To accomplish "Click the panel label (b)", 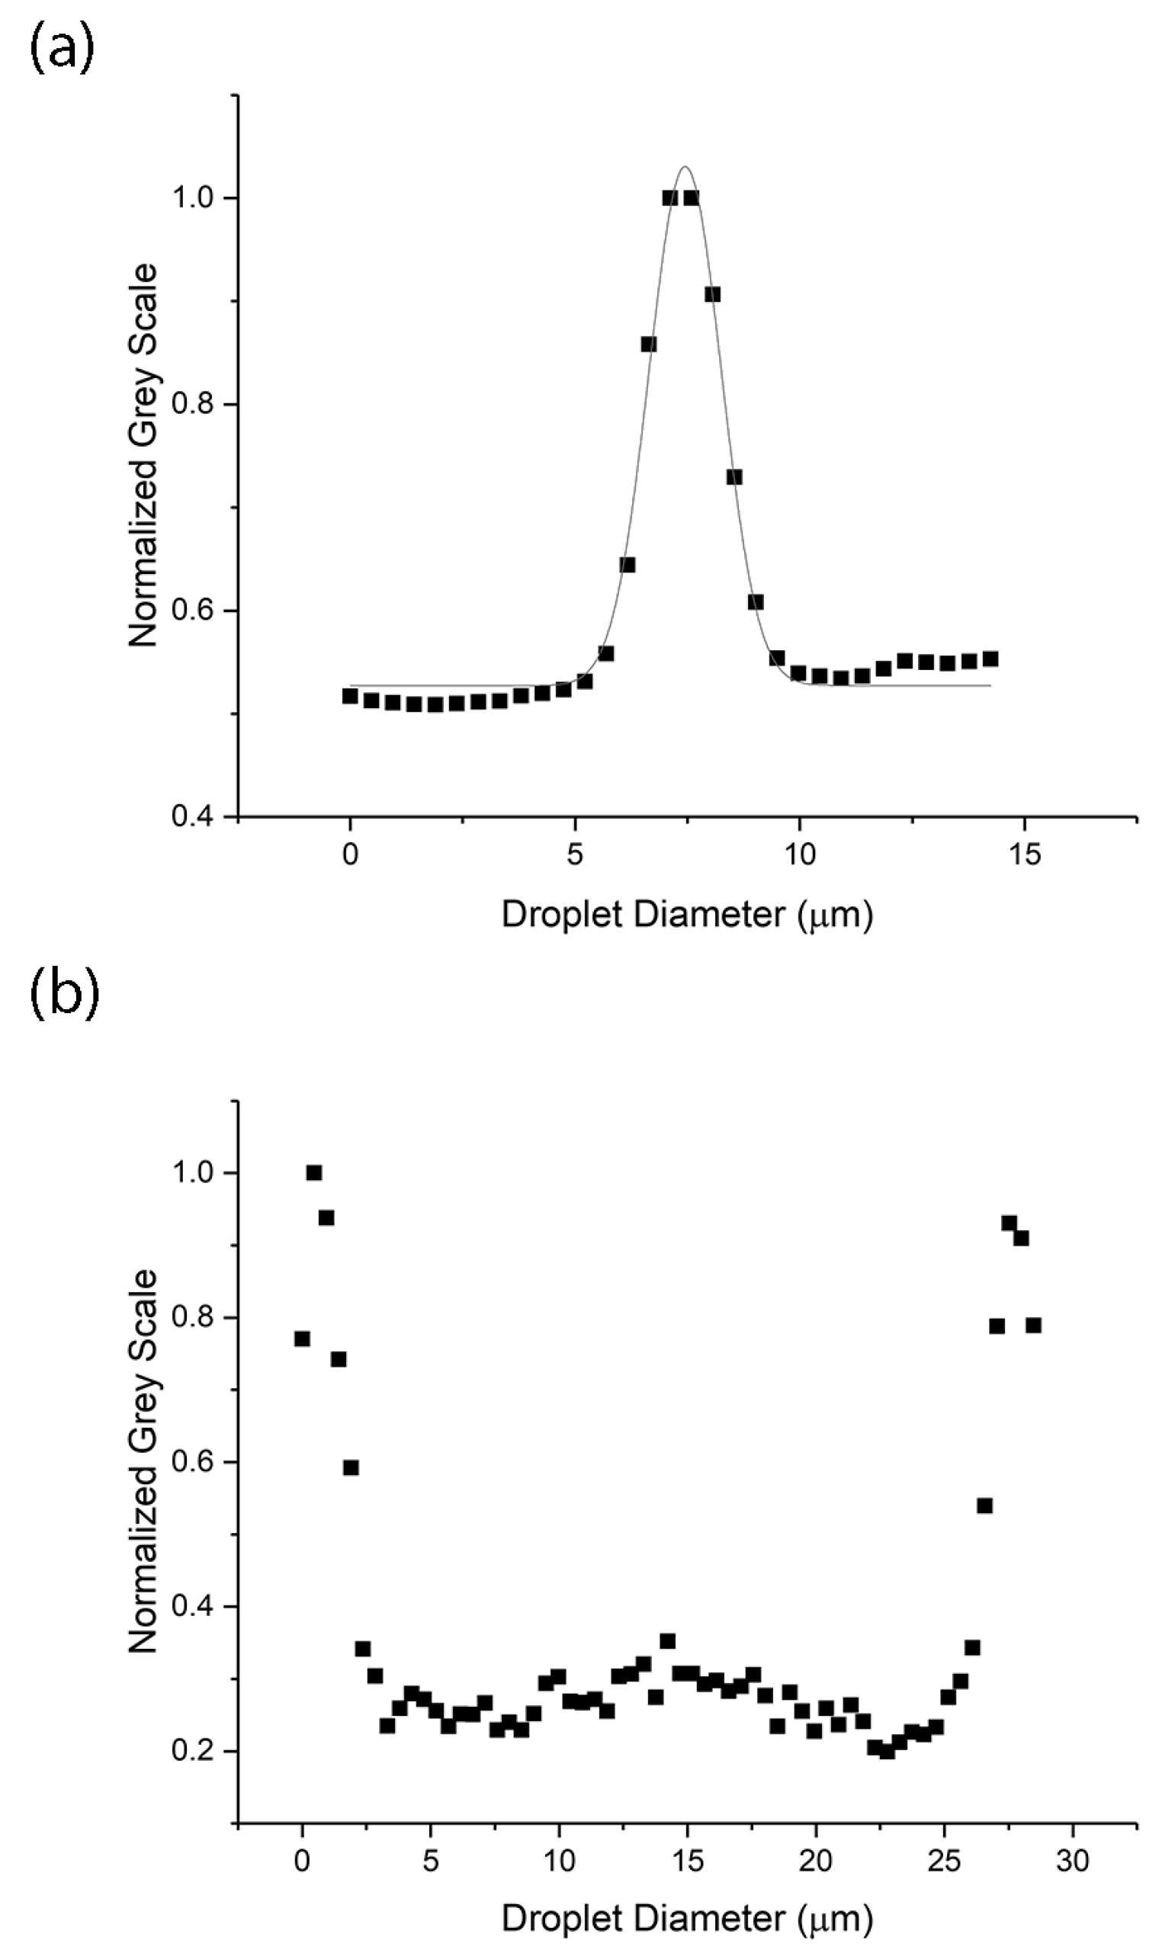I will click(64, 993).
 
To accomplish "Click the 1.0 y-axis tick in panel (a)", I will click(194, 198).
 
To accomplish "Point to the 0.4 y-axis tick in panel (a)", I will click(194, 816).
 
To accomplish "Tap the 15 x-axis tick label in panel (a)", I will click(1026, 855).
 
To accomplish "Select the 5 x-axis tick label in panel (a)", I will click(575, 855).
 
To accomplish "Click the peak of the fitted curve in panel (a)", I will click(685, 167).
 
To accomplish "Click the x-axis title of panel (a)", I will click(686, 914).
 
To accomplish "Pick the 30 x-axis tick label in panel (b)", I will click(1072, 1860).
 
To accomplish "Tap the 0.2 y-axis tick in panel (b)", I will click(194, 1751).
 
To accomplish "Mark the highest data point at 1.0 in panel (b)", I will click(313, 1172).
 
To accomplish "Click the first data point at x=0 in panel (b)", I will click(302, 1339).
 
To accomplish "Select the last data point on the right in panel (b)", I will click(1033, 1325).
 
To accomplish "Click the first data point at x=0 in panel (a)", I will click(350, 696).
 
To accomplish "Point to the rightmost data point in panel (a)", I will click(990, 659).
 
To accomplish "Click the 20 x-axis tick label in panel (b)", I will click(816, 1860).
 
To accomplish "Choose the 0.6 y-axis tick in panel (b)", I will click(194, 1462).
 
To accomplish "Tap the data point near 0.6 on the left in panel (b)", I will click(351, 1467).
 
